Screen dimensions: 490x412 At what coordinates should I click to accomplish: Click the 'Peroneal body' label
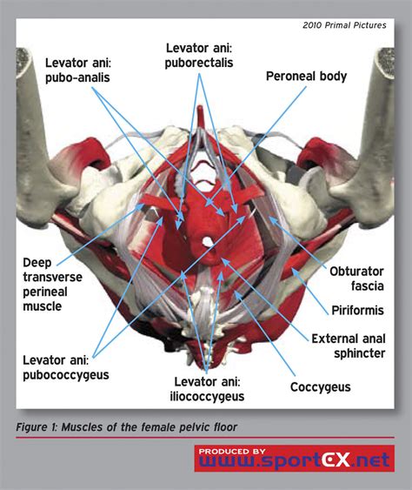click(x=306, y=77)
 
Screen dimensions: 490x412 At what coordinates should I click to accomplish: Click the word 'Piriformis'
click(x=359, y=310)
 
